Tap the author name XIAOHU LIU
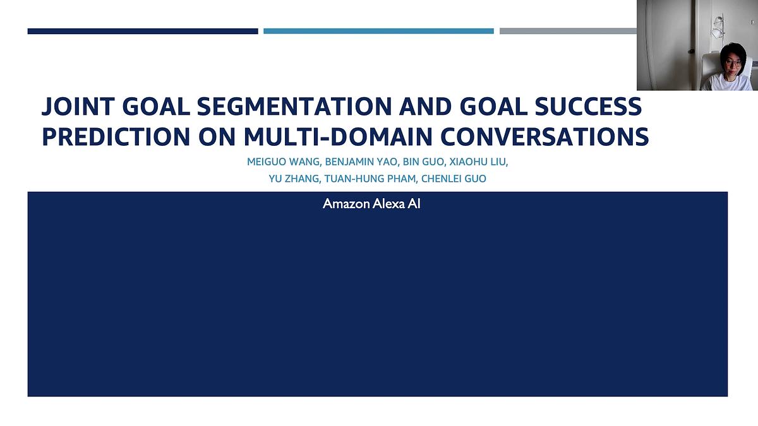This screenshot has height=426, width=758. pyautogui.click(x=478, y=162)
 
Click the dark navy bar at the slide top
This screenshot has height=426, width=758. pyautogui.click(x=143, y=31)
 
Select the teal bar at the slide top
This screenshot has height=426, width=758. pyautogui.click(x=378, y=31)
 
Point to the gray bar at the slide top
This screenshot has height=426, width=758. pyautogui.click(x=568, y=31)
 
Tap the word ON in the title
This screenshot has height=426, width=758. pyautogui.click(x=218, y=137)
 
